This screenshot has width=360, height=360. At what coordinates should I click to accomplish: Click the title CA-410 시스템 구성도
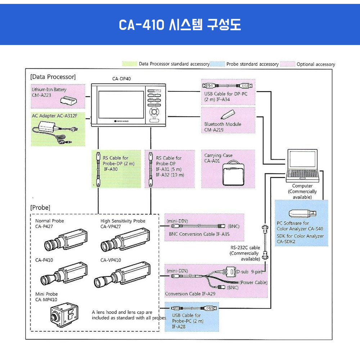(x=180, y=24)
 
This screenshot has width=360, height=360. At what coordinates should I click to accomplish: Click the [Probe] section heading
(x=40, y=208)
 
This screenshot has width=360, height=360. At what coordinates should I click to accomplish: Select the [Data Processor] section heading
(x=53, y=77)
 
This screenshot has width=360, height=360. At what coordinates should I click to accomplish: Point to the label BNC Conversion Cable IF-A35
(x=199, y=234)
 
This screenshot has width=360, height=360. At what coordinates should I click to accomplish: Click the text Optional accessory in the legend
(x=316, y=64)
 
